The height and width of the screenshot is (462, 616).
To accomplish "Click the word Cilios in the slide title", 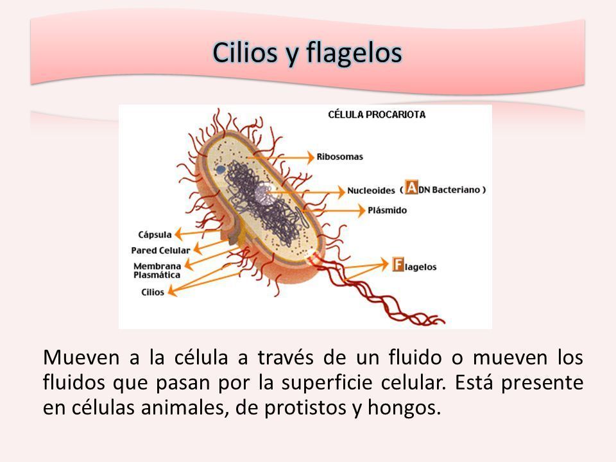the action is [245, 52].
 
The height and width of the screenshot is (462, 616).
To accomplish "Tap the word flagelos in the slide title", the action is [354, 53].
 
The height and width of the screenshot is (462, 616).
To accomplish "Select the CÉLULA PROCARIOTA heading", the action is [377, 115].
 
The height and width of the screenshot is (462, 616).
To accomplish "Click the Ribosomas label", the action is [340, 157].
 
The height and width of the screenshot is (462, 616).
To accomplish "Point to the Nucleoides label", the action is [371, 191].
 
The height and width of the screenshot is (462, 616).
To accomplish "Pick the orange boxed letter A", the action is [411, 187].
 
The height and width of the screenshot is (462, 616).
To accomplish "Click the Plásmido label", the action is [387, 210].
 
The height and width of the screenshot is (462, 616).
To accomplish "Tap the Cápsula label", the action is [155, 235].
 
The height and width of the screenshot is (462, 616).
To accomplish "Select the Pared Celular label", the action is [160, 250].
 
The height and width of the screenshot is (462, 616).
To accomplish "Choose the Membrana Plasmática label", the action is [157, 271].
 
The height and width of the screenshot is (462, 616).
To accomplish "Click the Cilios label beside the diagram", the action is [153, 293].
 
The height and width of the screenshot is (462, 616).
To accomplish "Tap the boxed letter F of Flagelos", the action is [398, 264].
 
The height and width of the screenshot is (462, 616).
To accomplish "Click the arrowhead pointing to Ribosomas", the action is [311, 157].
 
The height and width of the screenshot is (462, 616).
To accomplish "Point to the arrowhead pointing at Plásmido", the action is [361, 210].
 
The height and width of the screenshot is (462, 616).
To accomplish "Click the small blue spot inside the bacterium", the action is [220, 169].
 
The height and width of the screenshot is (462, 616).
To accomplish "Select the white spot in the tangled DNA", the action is [262, 194].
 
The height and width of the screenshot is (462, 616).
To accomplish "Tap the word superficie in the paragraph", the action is [327, 382].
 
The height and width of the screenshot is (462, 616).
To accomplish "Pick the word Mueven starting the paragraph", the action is [81, 357].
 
